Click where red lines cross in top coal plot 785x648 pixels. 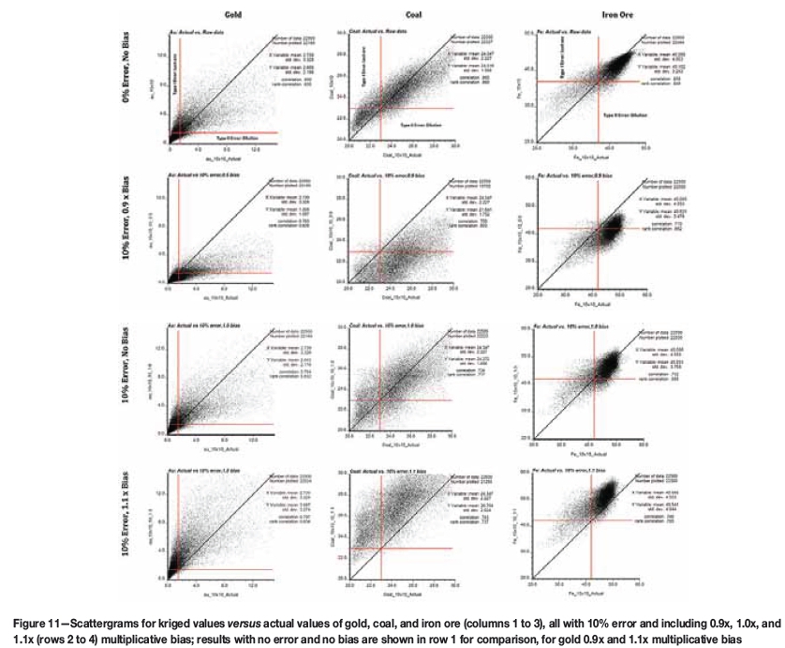[379, 108]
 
